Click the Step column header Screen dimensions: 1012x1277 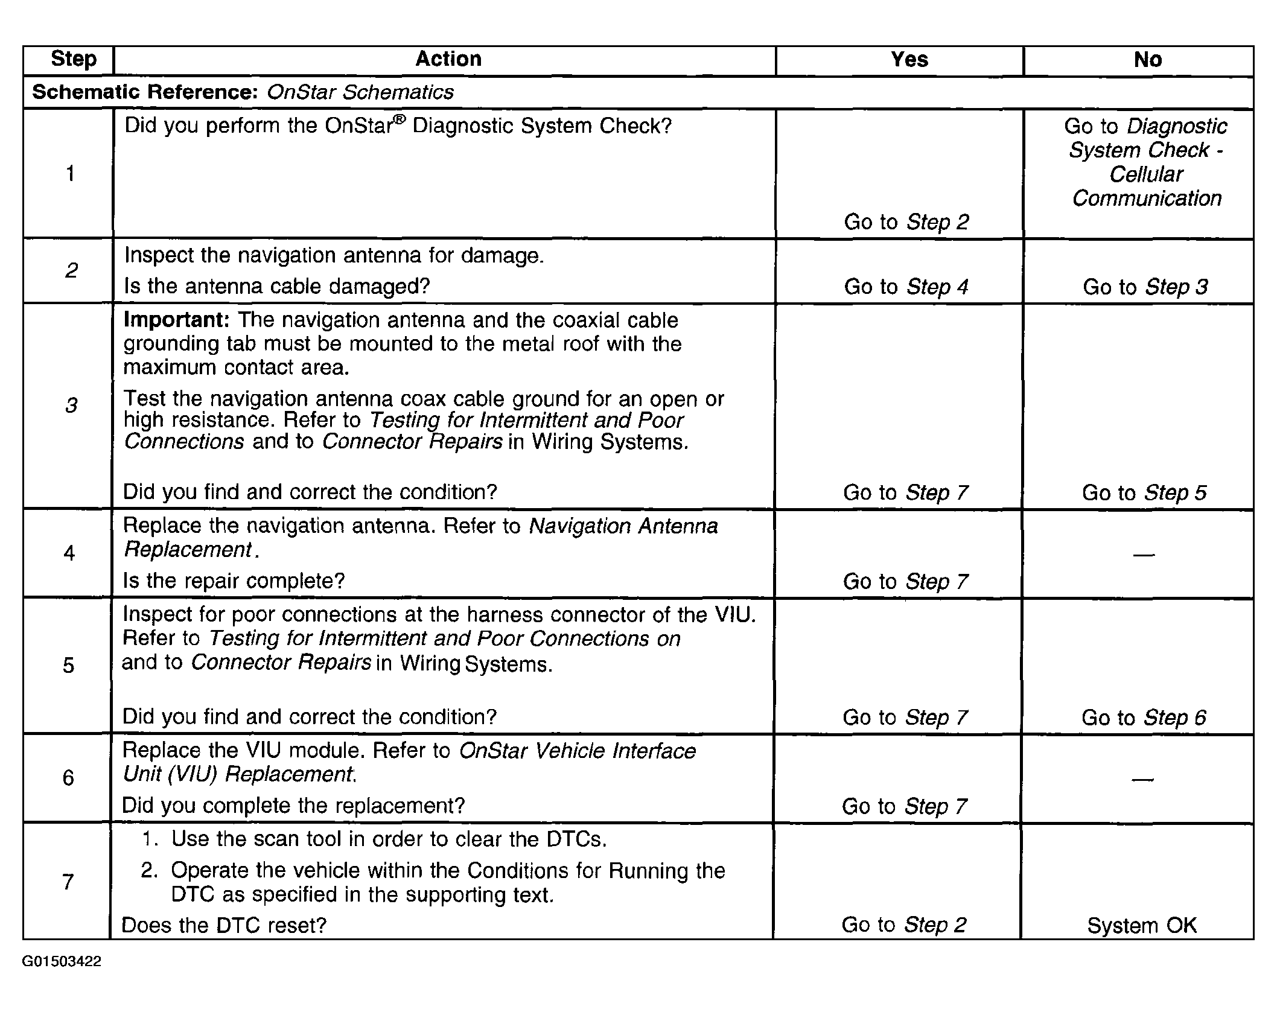(73, 59)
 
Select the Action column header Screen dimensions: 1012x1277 (448, 59)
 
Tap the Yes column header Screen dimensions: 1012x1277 (909, 60)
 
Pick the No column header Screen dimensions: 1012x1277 (1147, 60)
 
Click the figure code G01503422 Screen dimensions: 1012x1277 (62, 961)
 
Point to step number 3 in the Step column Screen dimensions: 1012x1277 (71, 405)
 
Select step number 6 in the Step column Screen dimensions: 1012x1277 (68, 777)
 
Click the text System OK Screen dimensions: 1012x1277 (1141, 925)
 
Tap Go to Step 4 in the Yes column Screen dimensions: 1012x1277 (906, 287)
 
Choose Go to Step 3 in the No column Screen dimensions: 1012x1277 (1145, 287)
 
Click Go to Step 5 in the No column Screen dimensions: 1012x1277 (1144, 492)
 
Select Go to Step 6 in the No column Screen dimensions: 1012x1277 (1143, 718)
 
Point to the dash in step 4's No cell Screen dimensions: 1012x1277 (1144, 554)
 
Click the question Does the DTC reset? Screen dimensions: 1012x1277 (224, 925)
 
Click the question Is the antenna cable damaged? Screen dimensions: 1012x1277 (276, 286)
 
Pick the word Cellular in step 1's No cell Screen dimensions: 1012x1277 (1145, 174)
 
